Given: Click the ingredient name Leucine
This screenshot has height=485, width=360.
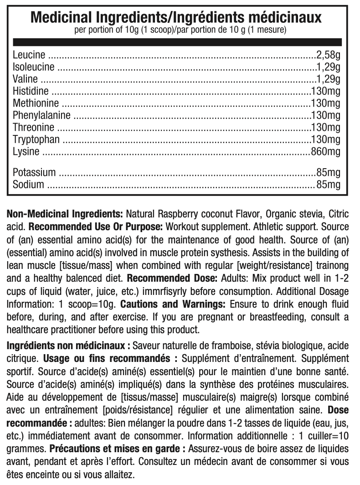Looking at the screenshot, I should tap(29, 55).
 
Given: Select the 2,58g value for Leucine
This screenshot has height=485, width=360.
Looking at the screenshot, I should tap(328, 55).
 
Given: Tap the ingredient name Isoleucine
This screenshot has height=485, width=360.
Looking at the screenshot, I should tap(34, 67).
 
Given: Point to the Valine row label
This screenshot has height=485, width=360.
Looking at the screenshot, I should tap(26, 79).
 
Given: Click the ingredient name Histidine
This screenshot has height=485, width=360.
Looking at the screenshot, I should tap(31, 91).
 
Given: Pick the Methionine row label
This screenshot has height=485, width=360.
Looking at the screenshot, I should tap(36, 103).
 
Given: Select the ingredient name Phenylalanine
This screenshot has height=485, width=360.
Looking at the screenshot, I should tap(41, 115).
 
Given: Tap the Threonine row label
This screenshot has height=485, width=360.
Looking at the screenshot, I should tap(33, 127).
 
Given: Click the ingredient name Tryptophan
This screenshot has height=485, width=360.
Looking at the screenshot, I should tap(36, 139).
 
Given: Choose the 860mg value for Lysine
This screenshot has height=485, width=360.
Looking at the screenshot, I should tap(325, 151).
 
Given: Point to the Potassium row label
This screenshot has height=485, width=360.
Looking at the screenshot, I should tap(34, 173).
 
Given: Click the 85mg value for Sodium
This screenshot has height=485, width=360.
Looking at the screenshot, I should tap(328, 185).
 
